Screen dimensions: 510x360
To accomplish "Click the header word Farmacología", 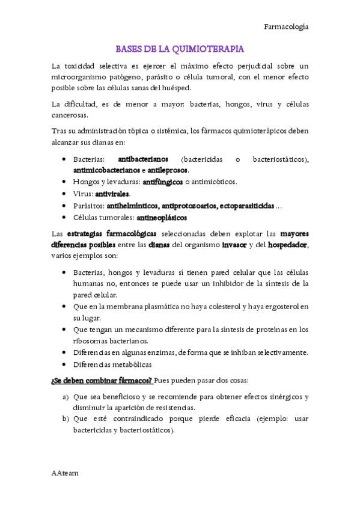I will pos(287,26).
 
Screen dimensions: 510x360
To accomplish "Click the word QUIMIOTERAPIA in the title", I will pos(210,49).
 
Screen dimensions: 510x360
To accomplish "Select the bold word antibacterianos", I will pos(143,159).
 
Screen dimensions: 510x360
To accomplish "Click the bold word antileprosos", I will pos(168,170).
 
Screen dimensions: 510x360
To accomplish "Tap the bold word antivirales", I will pos(112,194).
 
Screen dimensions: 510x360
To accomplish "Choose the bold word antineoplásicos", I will pos(162,217).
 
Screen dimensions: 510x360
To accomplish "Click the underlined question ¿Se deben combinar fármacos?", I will pos(102,381).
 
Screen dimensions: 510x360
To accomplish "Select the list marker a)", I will pos(66,397).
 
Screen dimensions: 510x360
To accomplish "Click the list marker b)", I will pos(66,419).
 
